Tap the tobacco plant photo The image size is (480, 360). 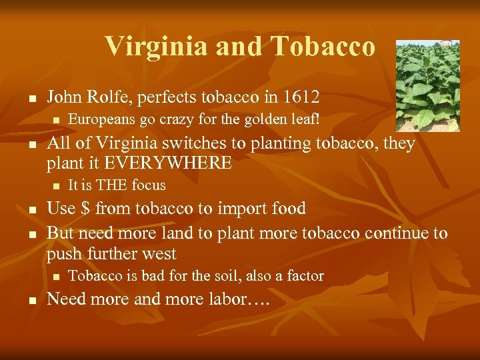pyautogui.click(x=428, y=85)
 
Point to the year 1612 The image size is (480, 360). pyautogui.click(x=301, y=97)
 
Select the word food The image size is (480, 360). pyautogui.click(x=289, y=209)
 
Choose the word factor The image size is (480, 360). pyautogui.click(x=304, y=275)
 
